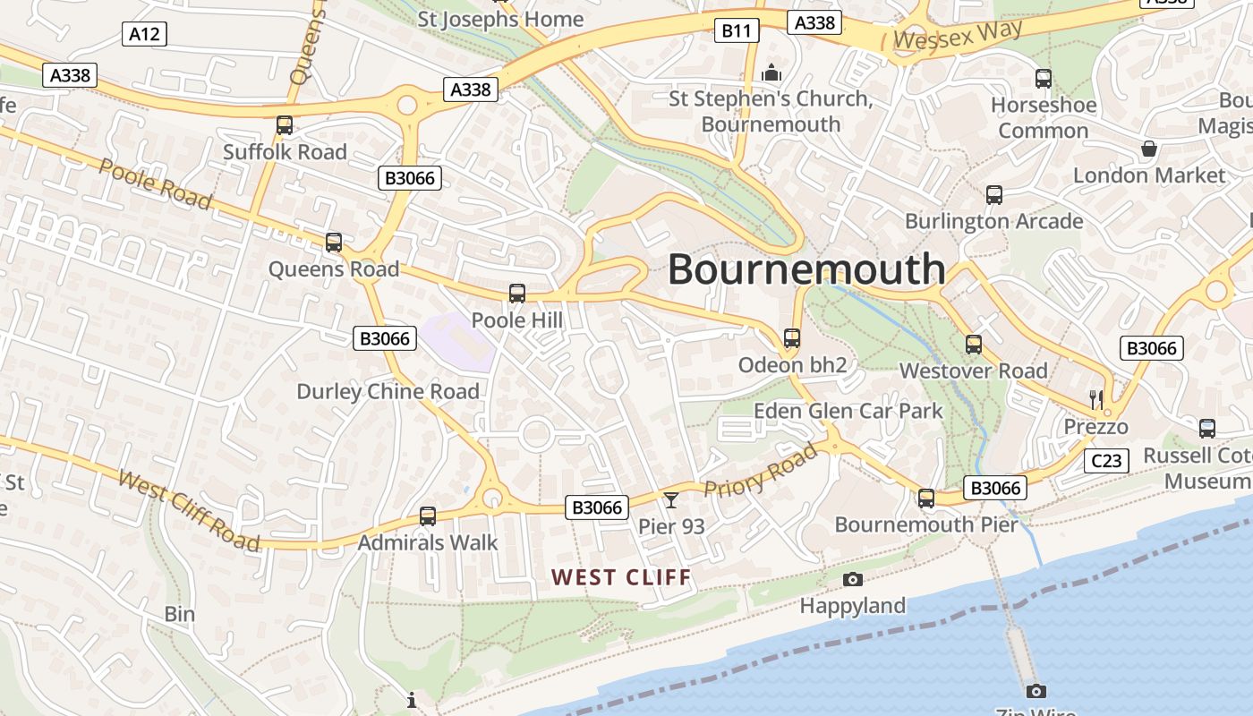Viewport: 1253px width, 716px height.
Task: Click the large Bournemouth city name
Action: coord(806,268)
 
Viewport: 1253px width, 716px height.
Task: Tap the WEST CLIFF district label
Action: coord(621,577)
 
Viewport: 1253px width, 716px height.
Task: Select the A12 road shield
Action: coord(144,34)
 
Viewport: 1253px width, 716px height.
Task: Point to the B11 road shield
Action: coord(737,31)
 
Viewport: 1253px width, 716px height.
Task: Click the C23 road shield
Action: coord(1105,461)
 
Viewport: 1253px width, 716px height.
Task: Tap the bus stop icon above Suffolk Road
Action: coord(285,125)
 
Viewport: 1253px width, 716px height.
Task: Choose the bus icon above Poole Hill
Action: coord(517,293)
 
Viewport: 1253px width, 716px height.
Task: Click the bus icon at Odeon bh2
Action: coord(792,337)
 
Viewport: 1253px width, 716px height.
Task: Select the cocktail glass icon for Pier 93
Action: coord(671,499)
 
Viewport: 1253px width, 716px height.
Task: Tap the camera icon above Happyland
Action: coord(853,579)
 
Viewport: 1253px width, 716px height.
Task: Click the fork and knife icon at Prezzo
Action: coord(1096,399)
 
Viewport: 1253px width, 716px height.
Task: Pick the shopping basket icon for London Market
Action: coord(1148,149)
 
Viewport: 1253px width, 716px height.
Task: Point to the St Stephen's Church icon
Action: coord(771,72)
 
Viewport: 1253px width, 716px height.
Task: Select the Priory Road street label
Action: coord(761,470)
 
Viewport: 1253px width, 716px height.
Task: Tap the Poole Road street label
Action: coord(155,184)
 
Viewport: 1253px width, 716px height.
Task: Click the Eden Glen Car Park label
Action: coord(848,411)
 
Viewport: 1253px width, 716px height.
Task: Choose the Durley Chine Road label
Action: coord(388,391)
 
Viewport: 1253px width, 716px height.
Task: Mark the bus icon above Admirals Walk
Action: coord(428,516)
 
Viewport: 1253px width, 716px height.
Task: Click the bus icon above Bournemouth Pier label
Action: coord(926,498)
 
